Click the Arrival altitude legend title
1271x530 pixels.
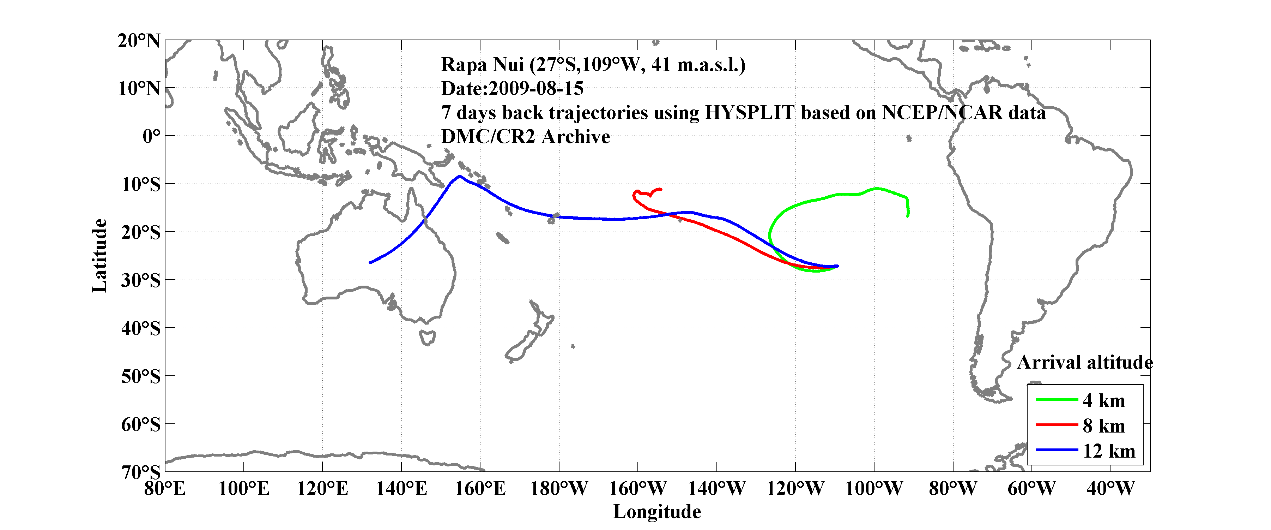pos(1084,363)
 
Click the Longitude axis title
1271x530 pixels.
pos(657,512)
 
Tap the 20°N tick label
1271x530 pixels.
pos(139,41)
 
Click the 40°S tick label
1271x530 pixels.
pos(141,328)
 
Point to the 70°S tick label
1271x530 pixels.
pos(141,472)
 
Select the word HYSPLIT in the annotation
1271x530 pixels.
pos(749,113)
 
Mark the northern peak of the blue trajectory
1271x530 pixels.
pos(460,176)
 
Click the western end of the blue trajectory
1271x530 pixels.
pos(370,262)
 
